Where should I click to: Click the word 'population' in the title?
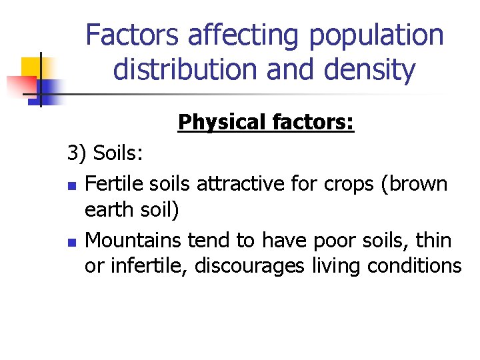coord(375,35)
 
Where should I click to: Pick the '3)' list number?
coord(77,154)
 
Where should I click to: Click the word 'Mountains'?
coord(135,239)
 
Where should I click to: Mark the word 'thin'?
coord(435,239)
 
